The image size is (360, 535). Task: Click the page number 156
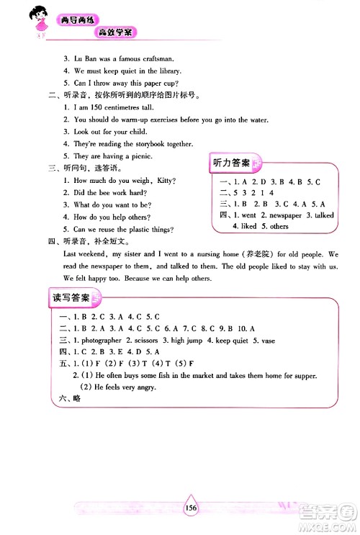(191, 507)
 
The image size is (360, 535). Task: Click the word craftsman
(156, 58)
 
